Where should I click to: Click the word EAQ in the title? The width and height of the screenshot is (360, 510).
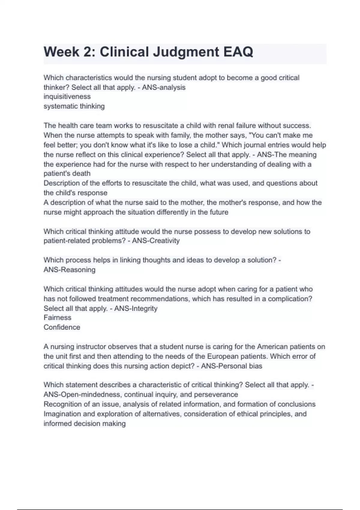click(x=238, y=52)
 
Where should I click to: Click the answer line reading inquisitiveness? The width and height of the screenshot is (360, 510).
click(x=67, y=97)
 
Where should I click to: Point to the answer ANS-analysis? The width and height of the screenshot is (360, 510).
click(x=164, y=87)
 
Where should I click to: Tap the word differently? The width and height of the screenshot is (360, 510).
click(x=173, y=212)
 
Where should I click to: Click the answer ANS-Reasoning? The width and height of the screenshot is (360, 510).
click(x=69, y=269)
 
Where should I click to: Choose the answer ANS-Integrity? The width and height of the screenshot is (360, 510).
click(x=136, y=308)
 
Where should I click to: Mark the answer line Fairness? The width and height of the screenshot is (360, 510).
click(x=57, y=317)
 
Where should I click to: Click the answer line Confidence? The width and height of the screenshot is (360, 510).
click(x=62, y=327)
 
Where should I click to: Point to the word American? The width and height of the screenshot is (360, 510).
click(x=272, y=346)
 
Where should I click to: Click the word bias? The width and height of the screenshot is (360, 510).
click(x=255, y=366)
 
